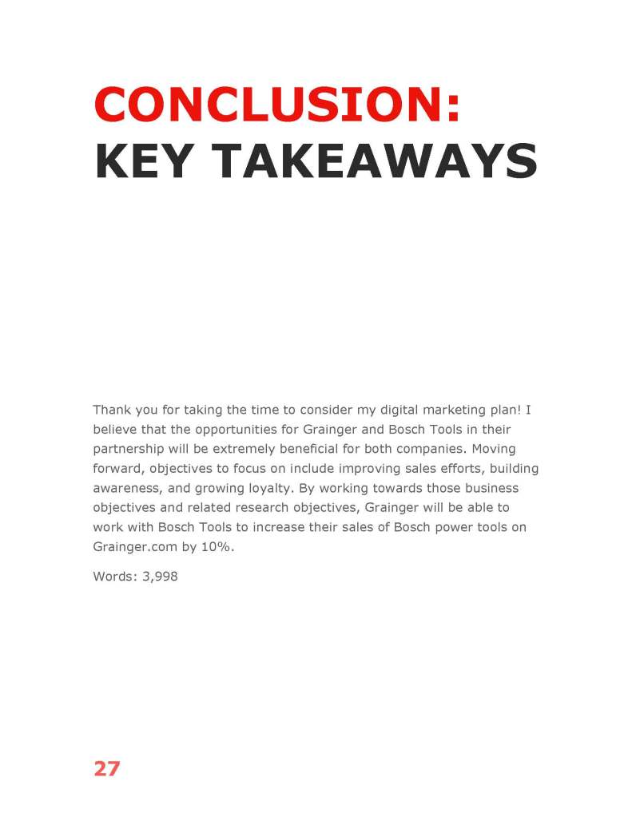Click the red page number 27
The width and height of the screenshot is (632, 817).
click(106, 768)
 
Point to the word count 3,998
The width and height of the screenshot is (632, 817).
click(160, 575)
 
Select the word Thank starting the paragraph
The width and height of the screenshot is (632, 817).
click(112, 410)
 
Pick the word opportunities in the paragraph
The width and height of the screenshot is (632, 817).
click(231, 429)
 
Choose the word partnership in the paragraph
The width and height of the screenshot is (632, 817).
click(129, 449)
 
